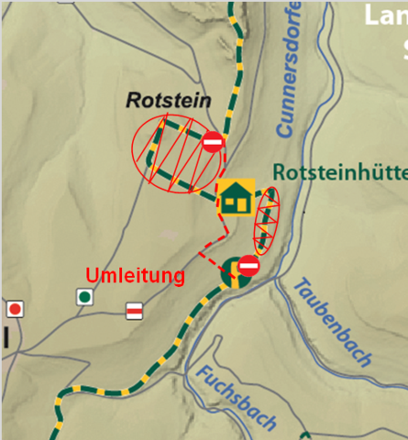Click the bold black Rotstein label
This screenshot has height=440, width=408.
tap(169, 101)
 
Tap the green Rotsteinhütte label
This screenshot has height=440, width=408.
tap(340, 173)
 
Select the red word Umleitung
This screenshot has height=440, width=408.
tap(135, 275)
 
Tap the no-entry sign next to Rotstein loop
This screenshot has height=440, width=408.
tap(213, 142)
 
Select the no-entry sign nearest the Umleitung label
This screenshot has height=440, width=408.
tap(248, 267)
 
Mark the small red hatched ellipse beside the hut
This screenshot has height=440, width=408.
tap(266, 220)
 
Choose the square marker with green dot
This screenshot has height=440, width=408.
tap(85, 296)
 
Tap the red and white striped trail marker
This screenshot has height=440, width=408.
tap(134, 312)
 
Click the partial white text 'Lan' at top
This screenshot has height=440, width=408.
tap(385, 15)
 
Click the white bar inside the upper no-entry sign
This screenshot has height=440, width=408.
tap(213, 142)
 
